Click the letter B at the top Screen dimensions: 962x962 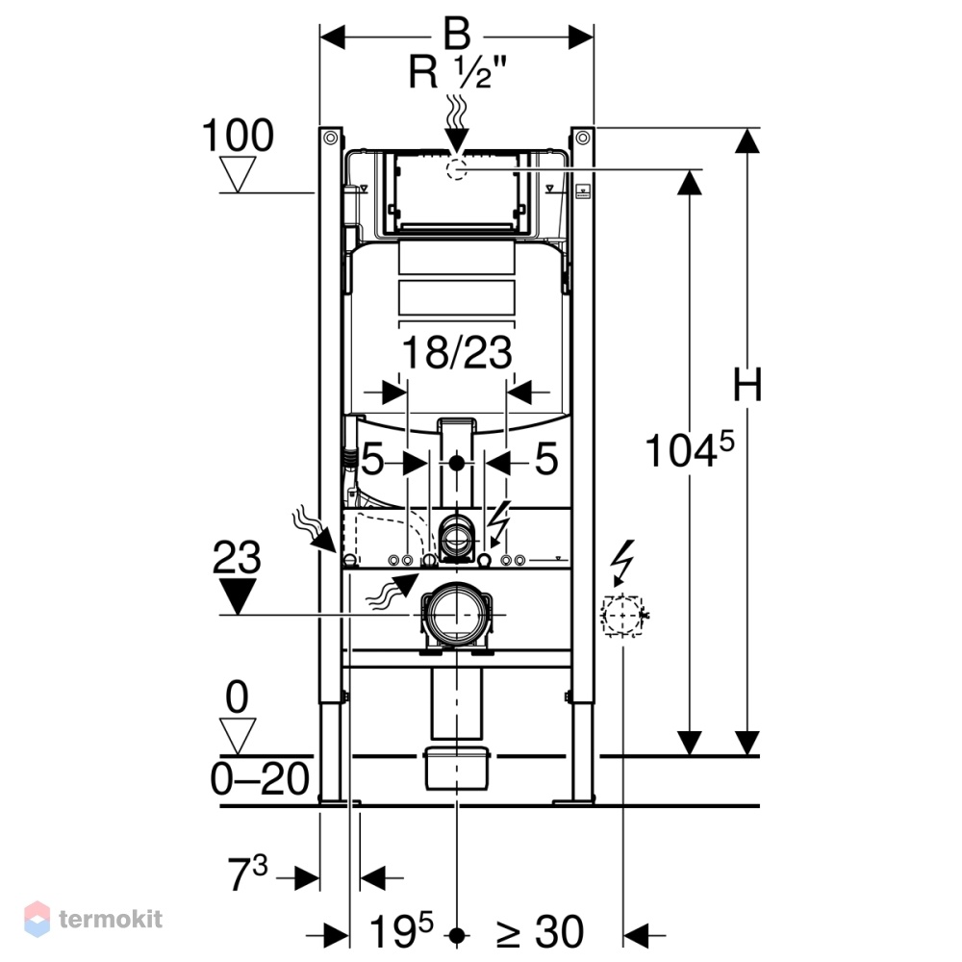point(457,34)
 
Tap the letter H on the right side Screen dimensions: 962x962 point(747,385)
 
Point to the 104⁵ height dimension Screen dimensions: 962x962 point(690,449)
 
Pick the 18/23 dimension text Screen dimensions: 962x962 point(456,352)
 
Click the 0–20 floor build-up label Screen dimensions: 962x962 point(260,779)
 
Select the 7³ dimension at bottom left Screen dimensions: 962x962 point(247,873)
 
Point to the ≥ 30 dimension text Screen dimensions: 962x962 point(540,932)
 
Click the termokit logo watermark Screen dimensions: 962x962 point(93,919)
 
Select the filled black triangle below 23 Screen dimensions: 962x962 point(238,595)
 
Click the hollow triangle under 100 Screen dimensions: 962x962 point(238,174)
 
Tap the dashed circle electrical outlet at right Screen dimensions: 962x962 point(621,615)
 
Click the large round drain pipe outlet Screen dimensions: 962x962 point(456,613)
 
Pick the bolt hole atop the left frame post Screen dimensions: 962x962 point(331,138)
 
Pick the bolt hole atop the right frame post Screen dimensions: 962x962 point(583,138)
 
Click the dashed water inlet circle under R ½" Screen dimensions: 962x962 point(456,168)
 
